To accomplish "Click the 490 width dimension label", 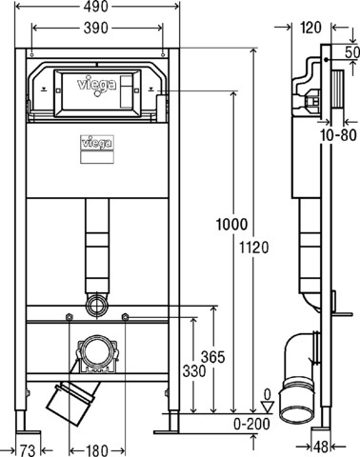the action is (96, 7).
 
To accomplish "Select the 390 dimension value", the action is (96, 28).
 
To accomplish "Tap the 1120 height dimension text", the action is (253, 248).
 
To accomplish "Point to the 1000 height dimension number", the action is (231, 225).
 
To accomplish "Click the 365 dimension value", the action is (212, 357).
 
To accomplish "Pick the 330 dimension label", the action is (194, 370).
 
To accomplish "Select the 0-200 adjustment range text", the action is (252, 424).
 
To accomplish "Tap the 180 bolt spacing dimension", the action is (97, 450).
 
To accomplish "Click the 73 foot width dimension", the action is (28, 450).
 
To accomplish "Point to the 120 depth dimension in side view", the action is (310, 28).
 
